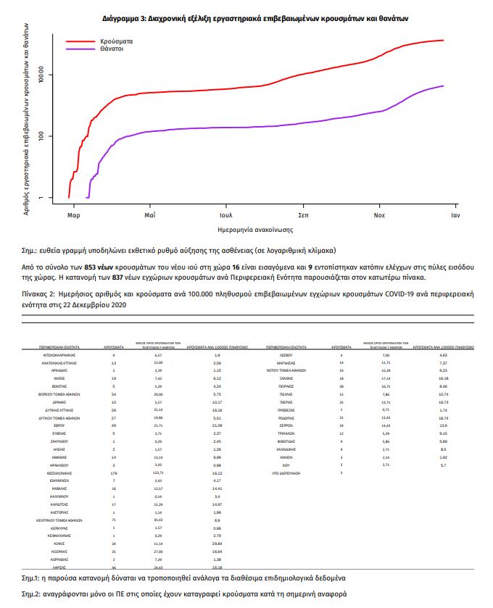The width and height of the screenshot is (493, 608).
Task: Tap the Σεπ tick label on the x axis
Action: (x=303, y=215)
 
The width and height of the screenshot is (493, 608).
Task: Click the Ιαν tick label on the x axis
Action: (x=455, y=215)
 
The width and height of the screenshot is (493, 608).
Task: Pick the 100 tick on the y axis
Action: (x=42, y=136)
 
